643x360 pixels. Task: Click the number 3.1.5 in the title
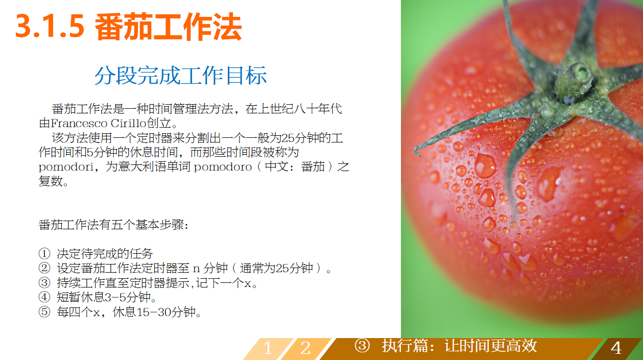50,27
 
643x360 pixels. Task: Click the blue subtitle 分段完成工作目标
181,76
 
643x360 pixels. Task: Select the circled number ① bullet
44,254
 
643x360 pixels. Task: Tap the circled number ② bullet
44,269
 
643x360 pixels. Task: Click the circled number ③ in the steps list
44,283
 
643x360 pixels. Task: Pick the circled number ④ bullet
44,297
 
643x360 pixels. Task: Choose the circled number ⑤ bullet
44,312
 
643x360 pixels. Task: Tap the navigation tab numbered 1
267,348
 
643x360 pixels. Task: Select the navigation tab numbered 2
305,348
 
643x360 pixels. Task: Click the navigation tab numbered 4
616,348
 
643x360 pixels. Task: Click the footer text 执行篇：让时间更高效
459,346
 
